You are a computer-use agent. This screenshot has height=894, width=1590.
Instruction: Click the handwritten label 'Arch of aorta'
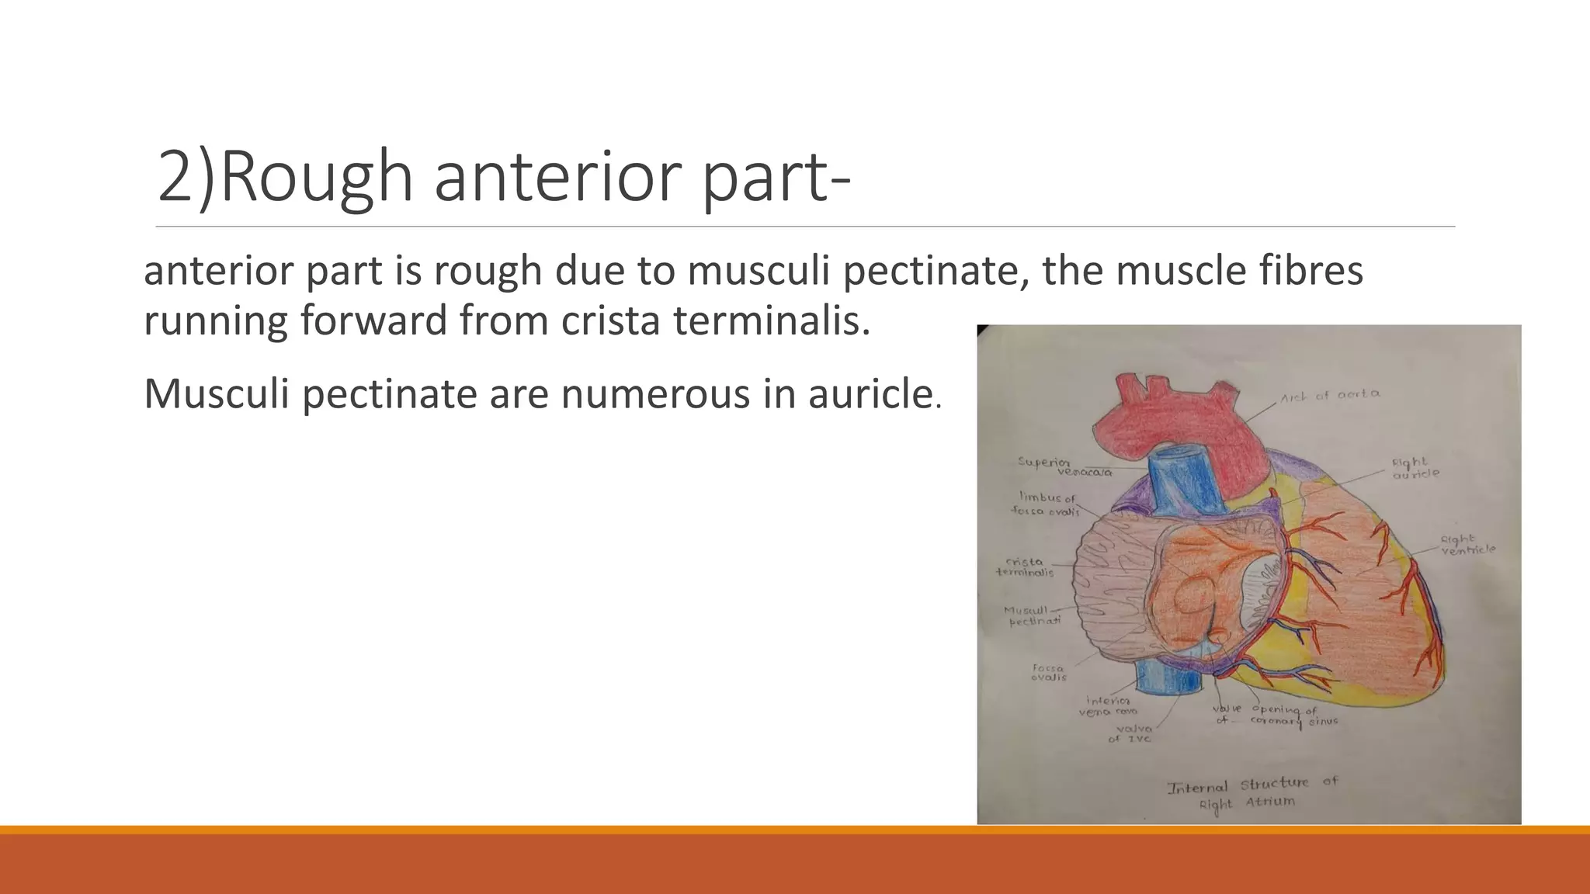1330,395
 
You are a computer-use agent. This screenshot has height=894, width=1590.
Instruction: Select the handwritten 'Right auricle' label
1415,467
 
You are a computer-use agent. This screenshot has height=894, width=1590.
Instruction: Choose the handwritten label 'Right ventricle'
1467,545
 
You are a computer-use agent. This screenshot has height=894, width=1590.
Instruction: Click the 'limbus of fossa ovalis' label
1046,504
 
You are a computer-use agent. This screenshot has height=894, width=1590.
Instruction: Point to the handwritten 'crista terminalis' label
1025,567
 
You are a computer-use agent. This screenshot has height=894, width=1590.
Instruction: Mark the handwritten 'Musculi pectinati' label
1031,616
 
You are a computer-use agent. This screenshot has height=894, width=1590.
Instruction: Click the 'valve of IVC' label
1133,733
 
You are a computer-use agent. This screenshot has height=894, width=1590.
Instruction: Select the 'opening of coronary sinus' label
1293,716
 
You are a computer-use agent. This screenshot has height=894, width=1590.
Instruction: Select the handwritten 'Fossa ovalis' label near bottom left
1048,672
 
